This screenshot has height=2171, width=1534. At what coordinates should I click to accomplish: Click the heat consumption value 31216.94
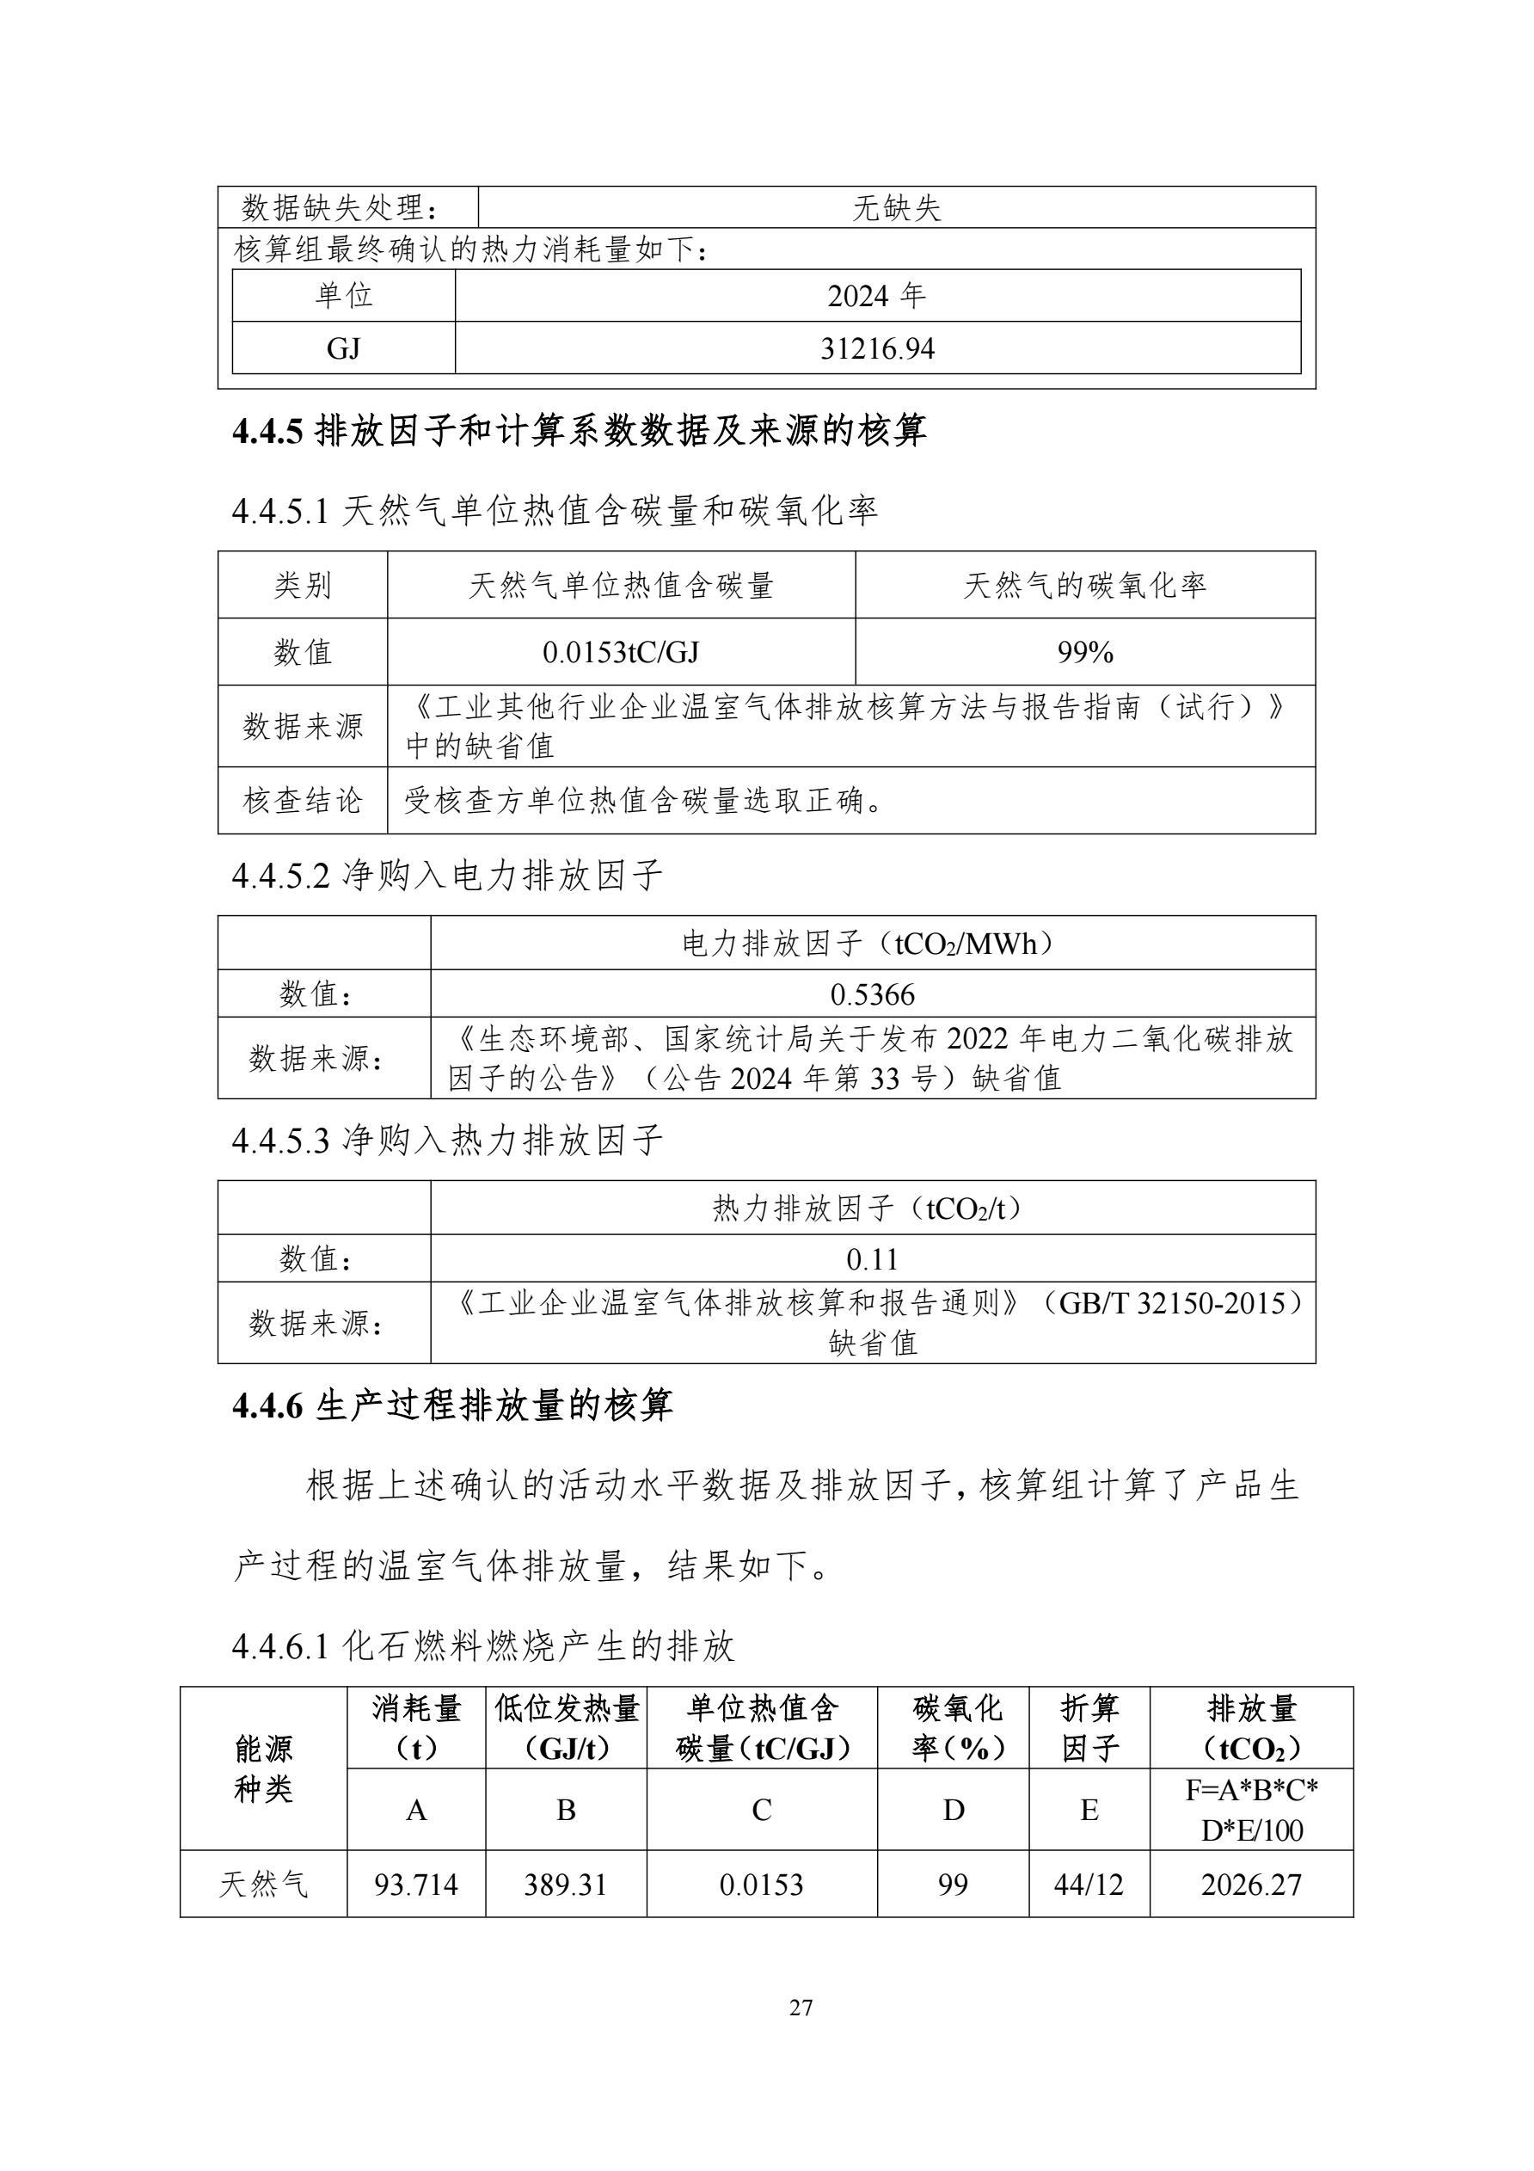876,349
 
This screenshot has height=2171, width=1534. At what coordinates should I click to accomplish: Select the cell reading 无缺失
896,208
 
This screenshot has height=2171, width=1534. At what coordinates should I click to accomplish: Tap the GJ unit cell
343,349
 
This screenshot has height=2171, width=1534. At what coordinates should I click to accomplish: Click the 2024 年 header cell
876,297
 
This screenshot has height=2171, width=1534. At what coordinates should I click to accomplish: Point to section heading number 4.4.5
267,432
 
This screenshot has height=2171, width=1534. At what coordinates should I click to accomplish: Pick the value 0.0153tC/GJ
620,653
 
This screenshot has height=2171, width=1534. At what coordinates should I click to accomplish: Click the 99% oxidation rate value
1084,653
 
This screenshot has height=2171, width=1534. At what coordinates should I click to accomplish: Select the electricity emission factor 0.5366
873,994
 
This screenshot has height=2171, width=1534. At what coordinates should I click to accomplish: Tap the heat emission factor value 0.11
873,1259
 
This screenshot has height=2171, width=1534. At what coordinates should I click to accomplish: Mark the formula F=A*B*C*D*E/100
1250,1810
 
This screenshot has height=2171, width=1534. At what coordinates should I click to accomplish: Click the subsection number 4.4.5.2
280,876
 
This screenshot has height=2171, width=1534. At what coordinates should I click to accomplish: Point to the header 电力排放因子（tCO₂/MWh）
873,944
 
